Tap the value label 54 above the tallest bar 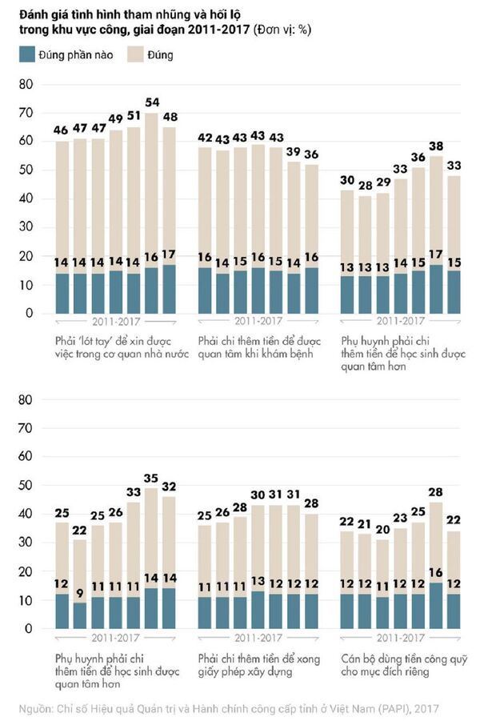(150, 104)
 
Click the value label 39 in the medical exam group (295, 152)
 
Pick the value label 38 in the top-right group (436, 146)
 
